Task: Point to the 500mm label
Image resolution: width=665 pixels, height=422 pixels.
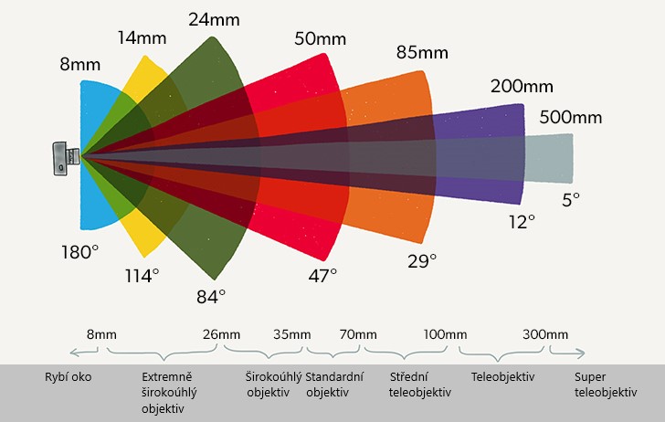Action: [x=570, y=117]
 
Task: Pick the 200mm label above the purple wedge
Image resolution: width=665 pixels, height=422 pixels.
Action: [x=522, y=88]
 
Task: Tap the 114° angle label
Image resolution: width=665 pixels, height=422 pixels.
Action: [x=142, y=275]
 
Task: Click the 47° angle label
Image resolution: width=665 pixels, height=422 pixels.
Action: [x=321, y=274]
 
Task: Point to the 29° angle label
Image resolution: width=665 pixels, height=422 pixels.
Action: [x=422, y=261]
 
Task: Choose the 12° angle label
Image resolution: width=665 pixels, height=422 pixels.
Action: [x=522, y=221]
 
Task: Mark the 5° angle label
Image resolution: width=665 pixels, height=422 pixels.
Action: [x=571, y=199]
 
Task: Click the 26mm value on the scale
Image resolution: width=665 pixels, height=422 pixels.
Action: [x=221, y=335]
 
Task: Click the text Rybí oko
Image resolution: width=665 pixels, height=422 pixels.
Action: [x=69, y=376]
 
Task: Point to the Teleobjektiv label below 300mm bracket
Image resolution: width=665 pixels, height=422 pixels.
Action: [x=502, y=376]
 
